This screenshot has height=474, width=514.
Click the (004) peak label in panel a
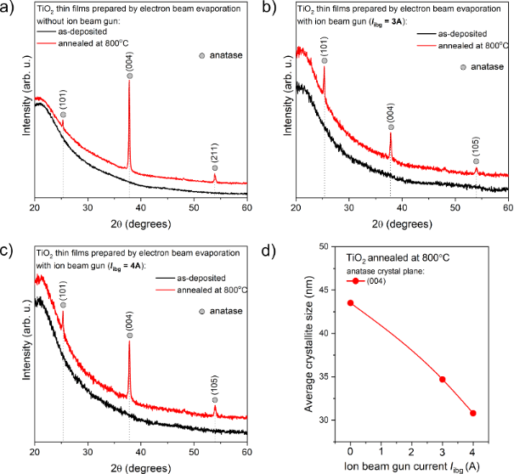pyautogui.click(x=129, y=62)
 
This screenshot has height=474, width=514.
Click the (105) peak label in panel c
pyautogui.click(x=215, y=387)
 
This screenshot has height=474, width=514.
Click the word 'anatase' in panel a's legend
pyautogui.click(x=225, y=56)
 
